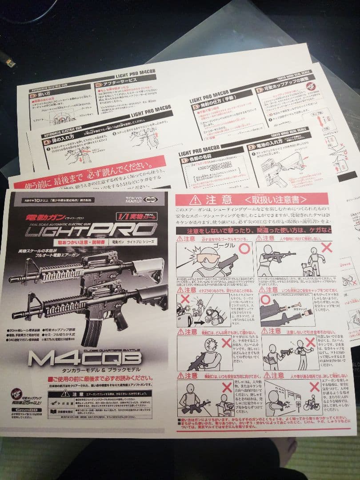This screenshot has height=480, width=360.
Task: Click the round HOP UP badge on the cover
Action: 17,393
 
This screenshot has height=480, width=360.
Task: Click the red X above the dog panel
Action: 327,248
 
